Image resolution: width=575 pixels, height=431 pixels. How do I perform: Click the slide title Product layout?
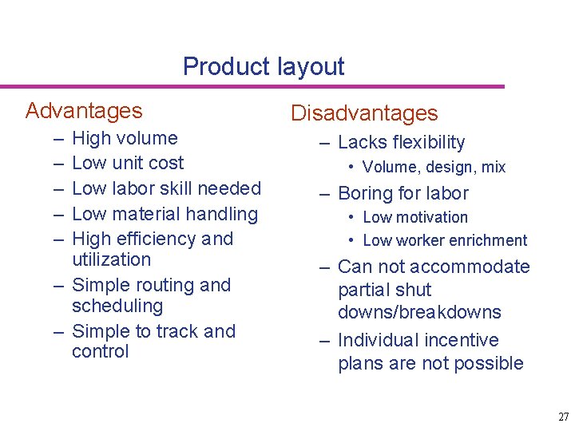tap(264, 66)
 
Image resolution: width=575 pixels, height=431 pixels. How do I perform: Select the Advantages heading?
tap(84, 111)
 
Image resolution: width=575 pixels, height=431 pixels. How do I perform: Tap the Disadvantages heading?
tap(364, 113)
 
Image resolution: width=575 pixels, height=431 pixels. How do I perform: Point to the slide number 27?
tap(564, 417)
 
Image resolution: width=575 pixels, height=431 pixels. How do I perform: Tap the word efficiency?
tap(157, 239)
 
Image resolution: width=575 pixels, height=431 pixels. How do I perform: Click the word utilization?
tap(111, 259)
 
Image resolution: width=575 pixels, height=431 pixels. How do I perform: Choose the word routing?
tap(165, 285)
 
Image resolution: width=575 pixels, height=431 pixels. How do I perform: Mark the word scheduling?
tap(117, 306)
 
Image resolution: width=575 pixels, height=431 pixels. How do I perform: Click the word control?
tap(100, 352)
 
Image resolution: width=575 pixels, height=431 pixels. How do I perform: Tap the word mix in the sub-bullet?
tap(493, 168)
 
